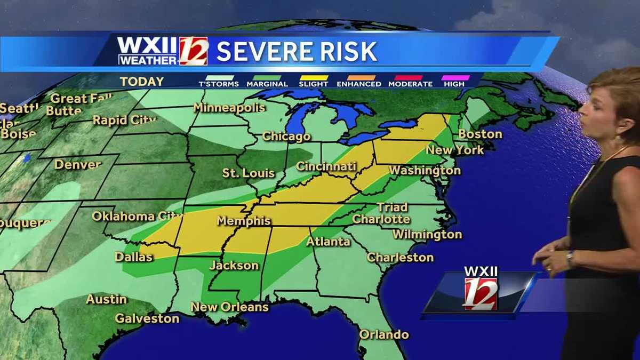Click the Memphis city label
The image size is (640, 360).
pos(244,221)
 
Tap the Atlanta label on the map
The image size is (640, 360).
pos(328,242)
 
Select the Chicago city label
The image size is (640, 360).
pos(286,137)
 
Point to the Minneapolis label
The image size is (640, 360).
pos(229,108)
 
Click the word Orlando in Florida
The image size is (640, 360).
pos(384,334)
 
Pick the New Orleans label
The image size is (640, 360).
pos(229,307)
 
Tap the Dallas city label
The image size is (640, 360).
pos(134,257)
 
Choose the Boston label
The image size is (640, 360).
pos(480,134)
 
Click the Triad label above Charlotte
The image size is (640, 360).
pos(392,207)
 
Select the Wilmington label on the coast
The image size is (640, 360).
pos(427,234)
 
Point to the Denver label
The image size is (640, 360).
pos(78,164)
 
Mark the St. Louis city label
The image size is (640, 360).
pos(249,173)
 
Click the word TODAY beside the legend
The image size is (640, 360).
pos(142,82)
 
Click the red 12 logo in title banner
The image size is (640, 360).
pos(193,51)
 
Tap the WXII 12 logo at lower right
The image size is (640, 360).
pos(480,289)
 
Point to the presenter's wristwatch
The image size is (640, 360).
pos(570,258)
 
